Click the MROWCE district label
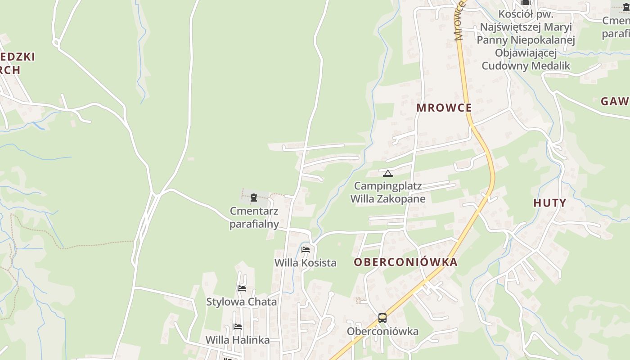[x=444, y=108]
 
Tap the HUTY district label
[x=549, y=203]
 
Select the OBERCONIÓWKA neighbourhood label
[x=405, y=262]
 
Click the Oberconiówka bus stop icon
[x=382, y=318]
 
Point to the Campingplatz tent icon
[x=388, y=173]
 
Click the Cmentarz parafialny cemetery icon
[x=254, y=198]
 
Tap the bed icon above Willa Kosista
[x=306, y=249]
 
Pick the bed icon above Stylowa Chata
[x=242, y=288]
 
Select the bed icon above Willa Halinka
[x=238, y=326]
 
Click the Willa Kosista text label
[x=306, y=263]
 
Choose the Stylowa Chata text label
[x=241, y=302]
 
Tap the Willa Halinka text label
[x=238, y=340]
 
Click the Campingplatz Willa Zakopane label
[x=388, y=192]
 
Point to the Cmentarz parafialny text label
[x=254, y=217]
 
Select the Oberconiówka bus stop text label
[x=382, y=332]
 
